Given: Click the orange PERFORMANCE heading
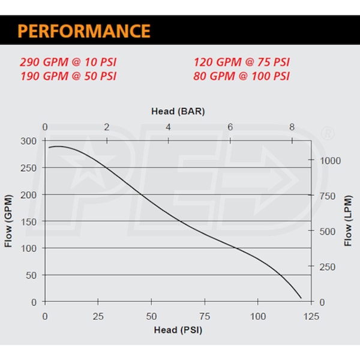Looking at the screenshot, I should (x=83, y=31).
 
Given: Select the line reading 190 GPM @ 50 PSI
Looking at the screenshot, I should (x=68, y=76).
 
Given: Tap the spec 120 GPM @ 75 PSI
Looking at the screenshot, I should (x=242, y=62).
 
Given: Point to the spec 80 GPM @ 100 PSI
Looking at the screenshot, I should (x=242, y=76).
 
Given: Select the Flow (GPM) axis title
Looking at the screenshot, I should (x=10, y=221).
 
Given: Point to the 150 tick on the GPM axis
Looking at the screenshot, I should (x=29, y=221).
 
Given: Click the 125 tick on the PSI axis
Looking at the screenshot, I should (x=311, y=316).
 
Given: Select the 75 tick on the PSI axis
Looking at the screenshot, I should (x=205, y=316).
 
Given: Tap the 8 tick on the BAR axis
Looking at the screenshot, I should (x=292, y=127).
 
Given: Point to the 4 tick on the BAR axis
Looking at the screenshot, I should (x=168, y=127).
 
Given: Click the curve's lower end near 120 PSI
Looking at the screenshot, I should (x=301, y=297).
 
